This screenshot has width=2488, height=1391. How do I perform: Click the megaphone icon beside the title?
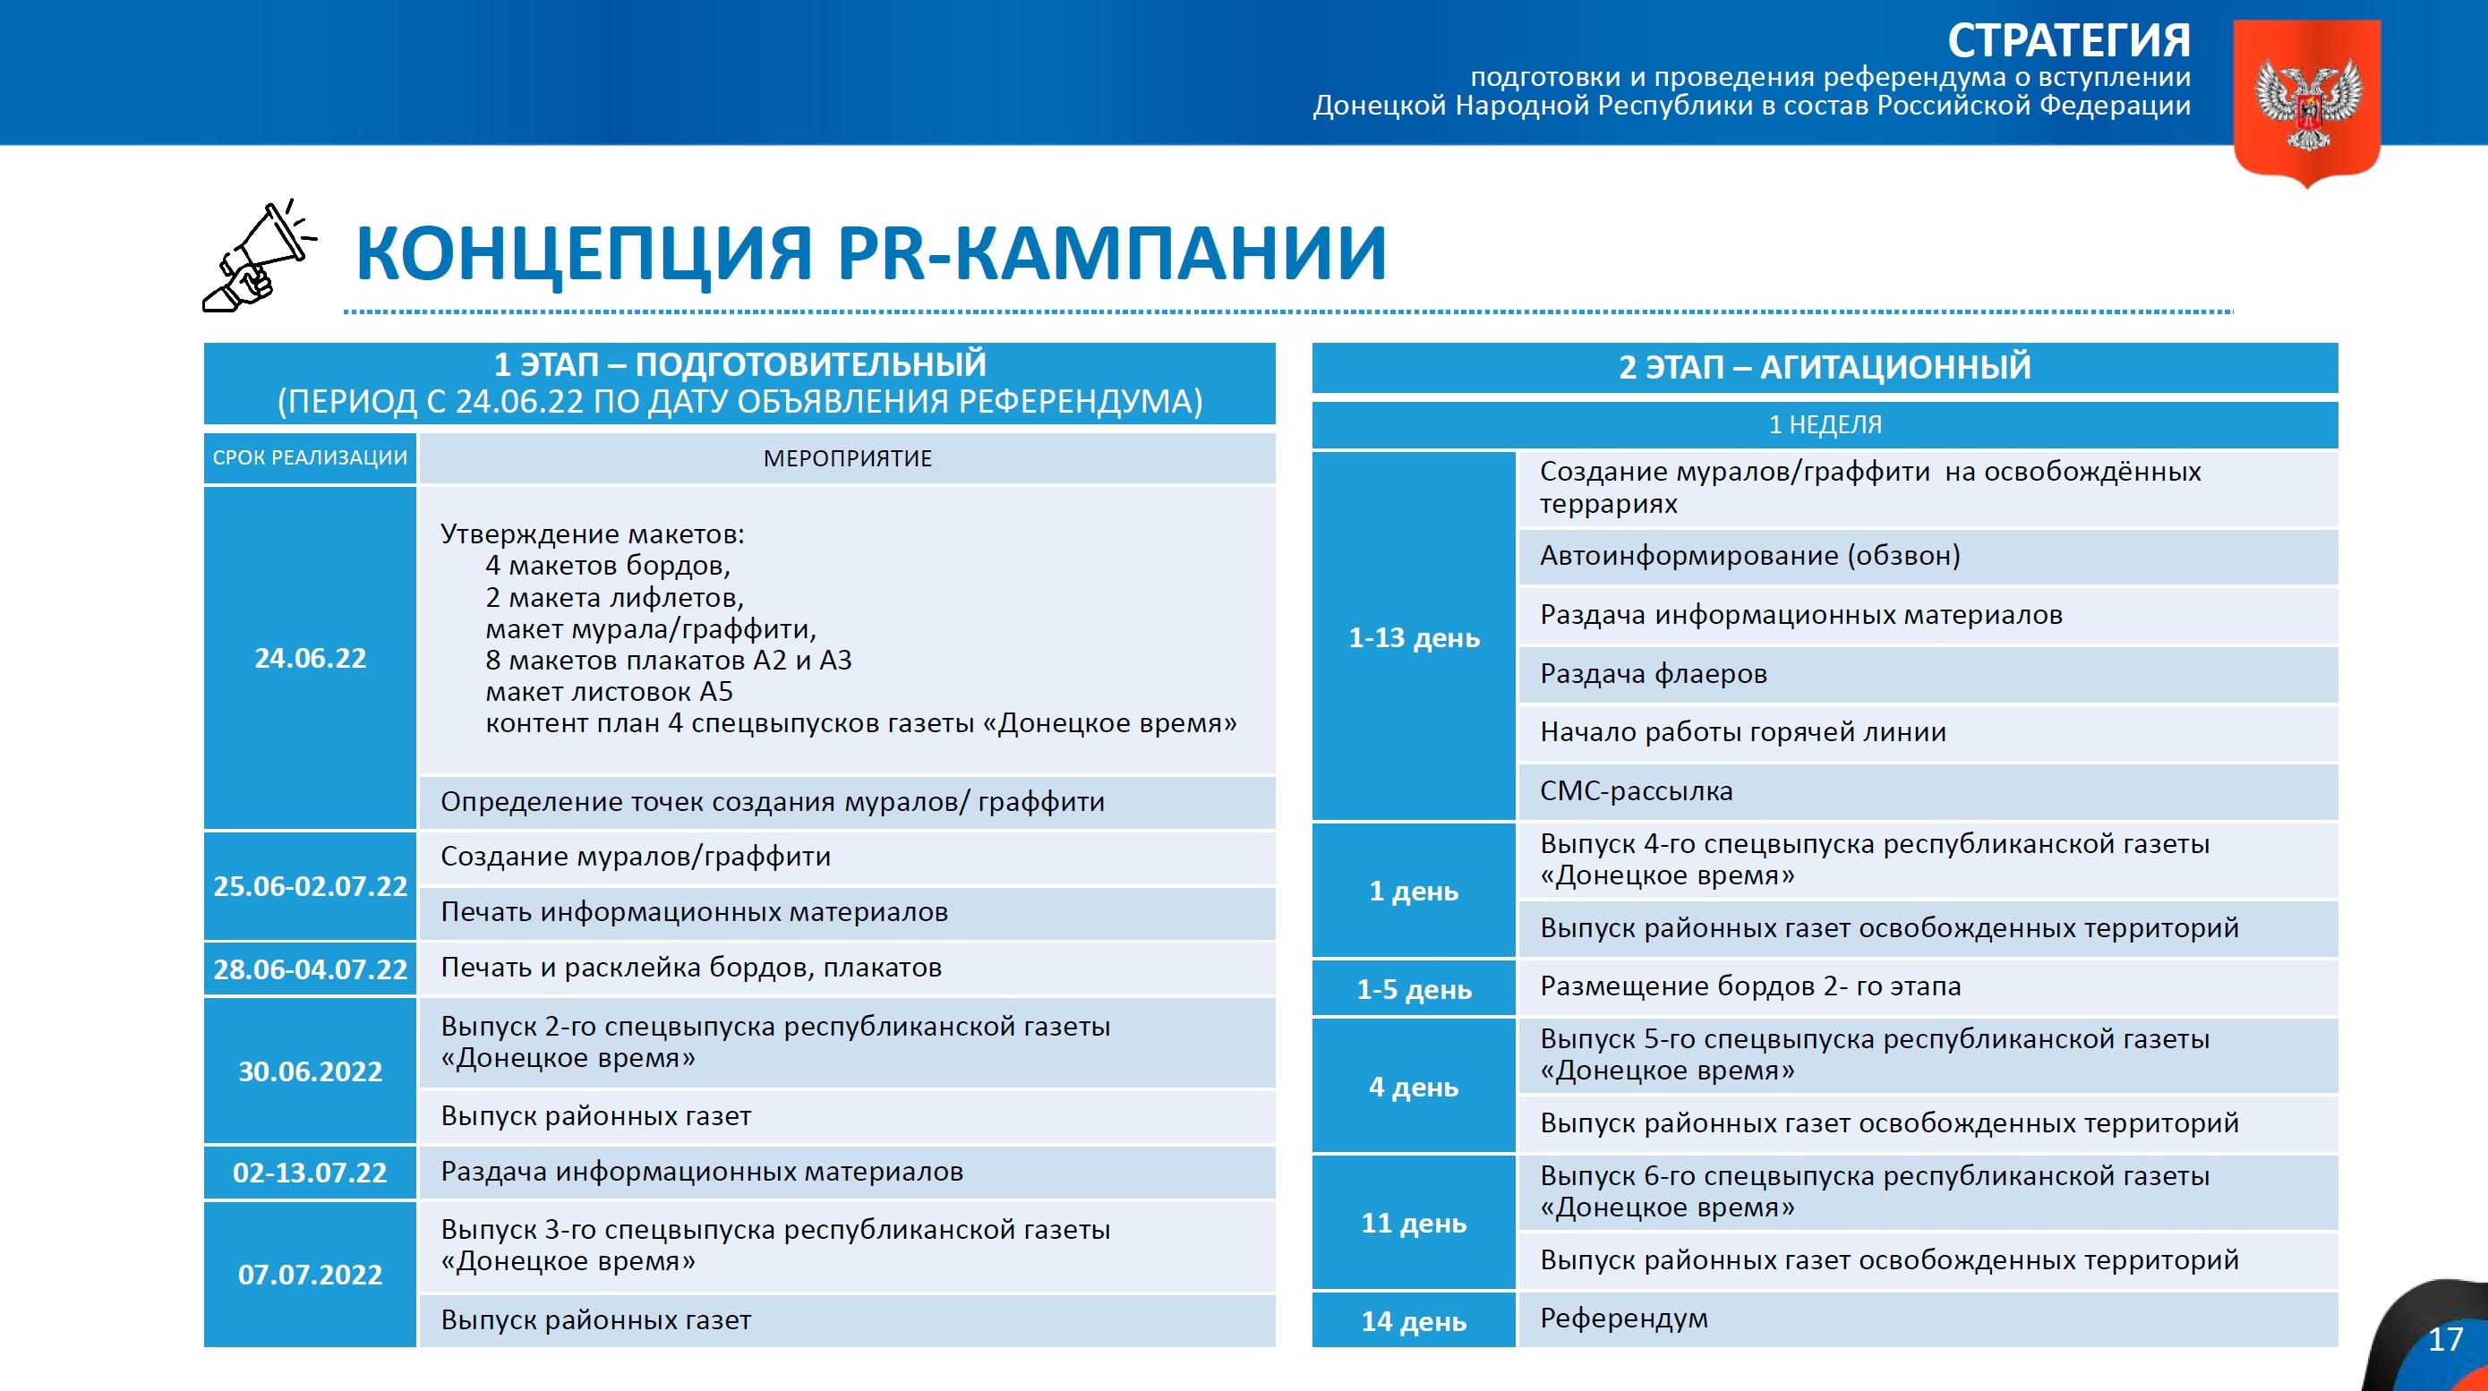259,257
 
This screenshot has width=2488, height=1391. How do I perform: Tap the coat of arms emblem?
2307,102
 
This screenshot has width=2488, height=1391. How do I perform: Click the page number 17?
2444,1339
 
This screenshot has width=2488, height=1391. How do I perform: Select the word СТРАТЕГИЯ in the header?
2068,40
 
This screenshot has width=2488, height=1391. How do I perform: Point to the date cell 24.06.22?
310,658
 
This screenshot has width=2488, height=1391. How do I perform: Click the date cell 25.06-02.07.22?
310,886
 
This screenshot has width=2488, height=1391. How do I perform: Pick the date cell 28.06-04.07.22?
310,969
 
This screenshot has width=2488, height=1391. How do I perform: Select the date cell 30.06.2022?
310,1071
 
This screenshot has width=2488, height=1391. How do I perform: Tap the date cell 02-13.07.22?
310,1173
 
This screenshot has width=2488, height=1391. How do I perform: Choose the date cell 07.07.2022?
310,1274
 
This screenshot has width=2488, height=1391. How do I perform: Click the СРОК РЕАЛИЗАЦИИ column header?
310,458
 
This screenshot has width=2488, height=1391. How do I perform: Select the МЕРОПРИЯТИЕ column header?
847,458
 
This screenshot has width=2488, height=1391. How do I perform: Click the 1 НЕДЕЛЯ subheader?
1825,425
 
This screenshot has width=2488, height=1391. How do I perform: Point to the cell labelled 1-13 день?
1414,637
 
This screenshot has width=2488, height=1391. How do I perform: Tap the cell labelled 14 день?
1414,1320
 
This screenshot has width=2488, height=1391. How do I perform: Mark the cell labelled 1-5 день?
1414,988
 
